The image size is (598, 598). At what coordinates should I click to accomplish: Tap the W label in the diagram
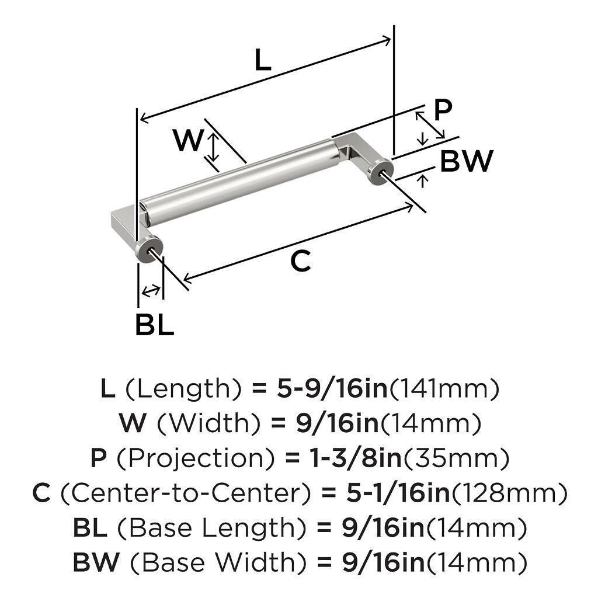(x=189, y=141)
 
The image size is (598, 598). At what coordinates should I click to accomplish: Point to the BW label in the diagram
(x=467, y=161)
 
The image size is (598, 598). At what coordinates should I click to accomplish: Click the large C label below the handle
(x=301, y=262)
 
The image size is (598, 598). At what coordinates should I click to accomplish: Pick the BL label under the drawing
(x=154, y=325)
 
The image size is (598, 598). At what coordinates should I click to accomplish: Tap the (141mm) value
(x=444, y=389)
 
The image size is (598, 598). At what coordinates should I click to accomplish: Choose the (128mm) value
(x=509, y=494)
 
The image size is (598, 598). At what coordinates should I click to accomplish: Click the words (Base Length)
(x=211, y=529)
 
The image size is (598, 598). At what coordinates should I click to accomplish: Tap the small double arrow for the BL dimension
(x=151, y=290)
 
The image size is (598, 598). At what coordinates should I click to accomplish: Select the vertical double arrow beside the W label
(x=214, y=147)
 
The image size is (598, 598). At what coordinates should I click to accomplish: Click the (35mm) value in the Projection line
(x=456, y=459)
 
